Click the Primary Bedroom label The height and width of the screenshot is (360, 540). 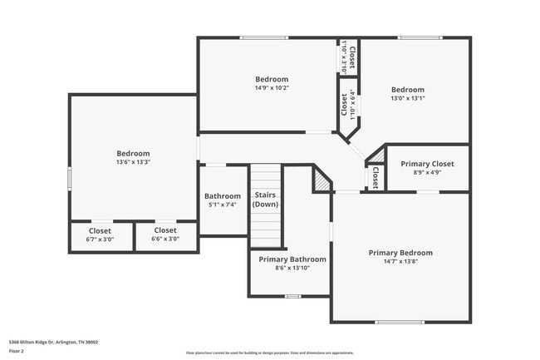[x=400, y=253]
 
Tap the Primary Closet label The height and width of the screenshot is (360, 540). [x=427, y=164]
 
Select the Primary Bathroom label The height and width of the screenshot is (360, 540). [x=292, y=259]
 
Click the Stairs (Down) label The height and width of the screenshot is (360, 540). [x=265, y=200]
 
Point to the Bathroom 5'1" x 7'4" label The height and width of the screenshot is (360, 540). [x=223, y=196]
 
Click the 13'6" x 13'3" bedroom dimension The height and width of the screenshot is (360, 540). [x=133, y=163]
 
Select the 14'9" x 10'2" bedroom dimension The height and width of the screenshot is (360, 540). [x=272, y=88]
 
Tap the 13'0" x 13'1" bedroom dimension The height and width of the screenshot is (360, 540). [x=407, y=98]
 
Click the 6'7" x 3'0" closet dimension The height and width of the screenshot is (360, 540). [x=100, y=239]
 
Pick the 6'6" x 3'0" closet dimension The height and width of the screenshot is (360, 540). [x=165, y=239]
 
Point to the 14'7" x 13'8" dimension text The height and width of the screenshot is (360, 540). [x=400, y=263]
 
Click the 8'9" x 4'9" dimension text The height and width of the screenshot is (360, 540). [x=427, y=173]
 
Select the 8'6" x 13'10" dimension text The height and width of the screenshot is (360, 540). [x=292, y=269]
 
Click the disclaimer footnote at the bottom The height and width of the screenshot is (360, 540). [x=270, y=353]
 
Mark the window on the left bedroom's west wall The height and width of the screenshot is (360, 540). [x=70, y=178]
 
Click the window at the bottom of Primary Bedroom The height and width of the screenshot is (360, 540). [x=399, y=322]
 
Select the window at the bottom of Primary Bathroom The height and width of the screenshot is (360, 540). [x=292, y=296]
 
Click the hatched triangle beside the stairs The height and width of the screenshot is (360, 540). [x=322, y=179]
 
